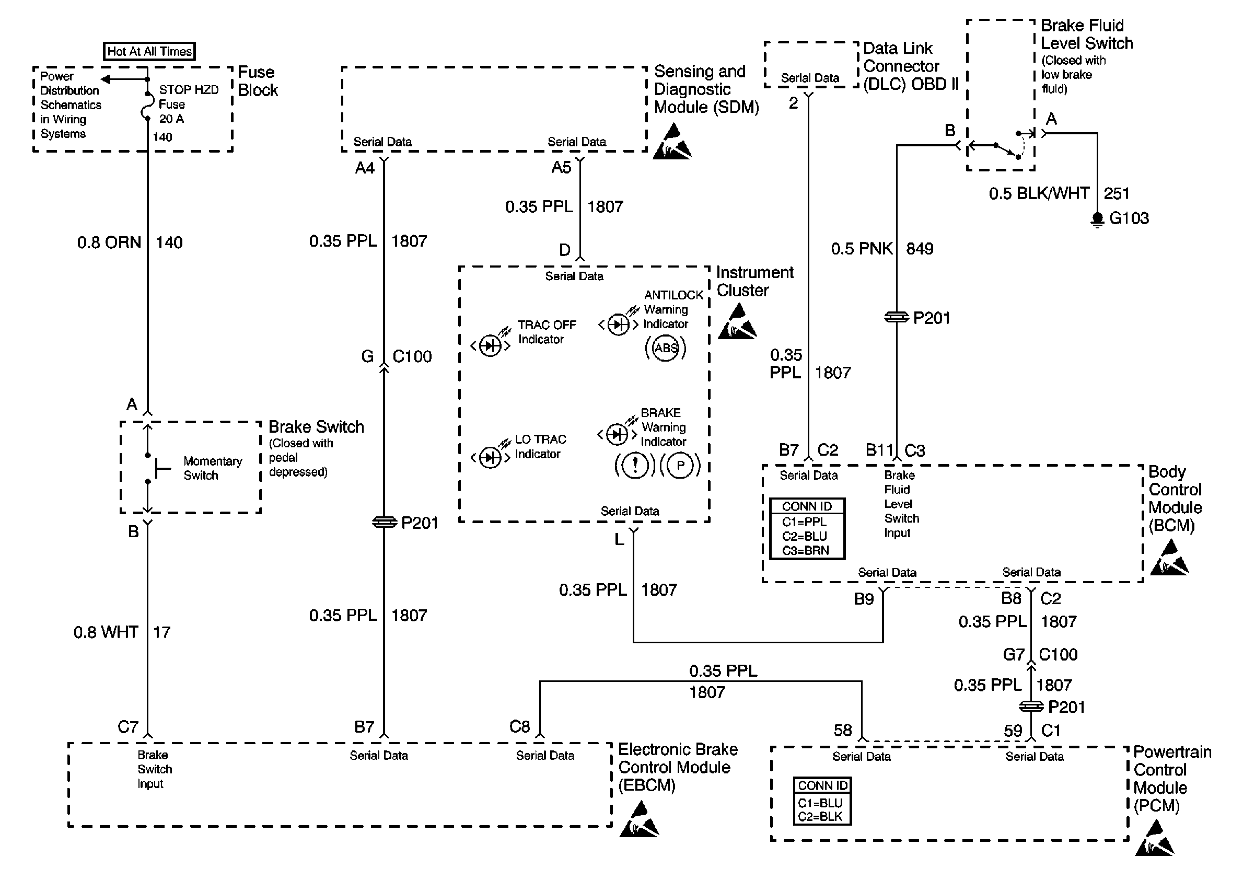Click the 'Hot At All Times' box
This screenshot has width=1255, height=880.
click(149, 51)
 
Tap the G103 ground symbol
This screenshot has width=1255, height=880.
click(1097, 219)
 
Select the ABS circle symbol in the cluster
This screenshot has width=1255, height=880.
click(666, 348)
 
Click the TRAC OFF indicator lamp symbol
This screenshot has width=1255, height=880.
click(490, 346)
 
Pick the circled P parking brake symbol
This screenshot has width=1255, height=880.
click(680, 466)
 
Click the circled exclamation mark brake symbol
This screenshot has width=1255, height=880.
click(635, 466)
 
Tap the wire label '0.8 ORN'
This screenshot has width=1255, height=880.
click(109, 242)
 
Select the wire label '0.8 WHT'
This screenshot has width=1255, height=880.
click(106, 632)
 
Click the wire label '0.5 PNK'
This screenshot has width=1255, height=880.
click(862, 249)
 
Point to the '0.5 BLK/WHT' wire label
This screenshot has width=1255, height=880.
click(1039, 193)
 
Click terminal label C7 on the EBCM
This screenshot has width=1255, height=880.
click(128, 727)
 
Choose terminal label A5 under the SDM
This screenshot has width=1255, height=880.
click(561, 167)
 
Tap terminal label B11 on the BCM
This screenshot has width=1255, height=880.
click(879, 450)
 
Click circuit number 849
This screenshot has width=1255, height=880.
click(920, 249)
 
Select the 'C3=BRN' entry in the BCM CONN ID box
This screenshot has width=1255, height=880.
click(805, 550)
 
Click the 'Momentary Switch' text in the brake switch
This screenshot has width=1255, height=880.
click(213, 468)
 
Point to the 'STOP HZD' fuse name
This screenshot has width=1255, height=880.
click(189, 90)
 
